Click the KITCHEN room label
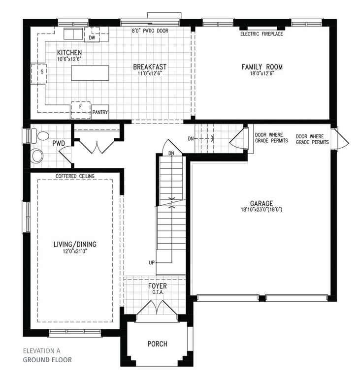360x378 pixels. (69, 52)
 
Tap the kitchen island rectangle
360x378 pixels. (90, 73)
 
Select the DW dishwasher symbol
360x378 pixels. (92, 34)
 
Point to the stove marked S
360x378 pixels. (38, 71)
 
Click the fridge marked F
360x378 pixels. (81, 110)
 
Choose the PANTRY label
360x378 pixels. (100, 112)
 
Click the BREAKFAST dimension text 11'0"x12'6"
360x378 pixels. (150, 73)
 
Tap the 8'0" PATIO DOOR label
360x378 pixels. (150, 31)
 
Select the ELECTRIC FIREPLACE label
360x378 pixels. (262, 34)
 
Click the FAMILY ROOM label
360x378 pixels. (262, 67)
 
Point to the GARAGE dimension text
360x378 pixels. (262, 210)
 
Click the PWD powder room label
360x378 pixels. (59, 143)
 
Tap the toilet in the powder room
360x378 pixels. (40, 136)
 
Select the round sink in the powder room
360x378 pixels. (37, 156)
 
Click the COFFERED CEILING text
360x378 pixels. (75, 176)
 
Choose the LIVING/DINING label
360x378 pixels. (75, 244)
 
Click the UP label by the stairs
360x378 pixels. (152, 262)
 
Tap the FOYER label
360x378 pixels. (157, 286)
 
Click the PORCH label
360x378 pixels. (157, 344)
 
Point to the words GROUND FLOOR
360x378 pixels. (47, 360)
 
